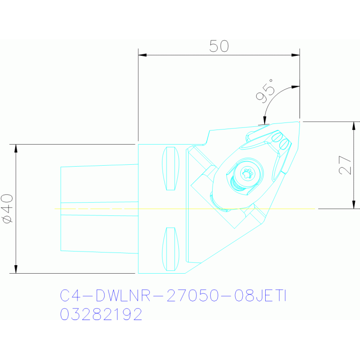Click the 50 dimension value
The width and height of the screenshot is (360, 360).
click(219, 46)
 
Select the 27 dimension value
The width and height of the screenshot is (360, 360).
click(345, 165)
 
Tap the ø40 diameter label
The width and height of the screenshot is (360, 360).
click(7, 208)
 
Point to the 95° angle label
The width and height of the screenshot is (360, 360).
click(265, 91)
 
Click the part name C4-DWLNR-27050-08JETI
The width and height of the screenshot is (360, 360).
click(173, 295)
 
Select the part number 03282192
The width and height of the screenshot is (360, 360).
click(101, 314)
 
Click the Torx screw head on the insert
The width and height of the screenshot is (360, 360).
click(248, 173)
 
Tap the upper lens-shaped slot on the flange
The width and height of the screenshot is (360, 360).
click(170, 169)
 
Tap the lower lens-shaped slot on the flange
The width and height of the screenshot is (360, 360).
click(170, 249)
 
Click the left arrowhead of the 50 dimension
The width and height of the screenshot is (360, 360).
click(142, 55)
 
